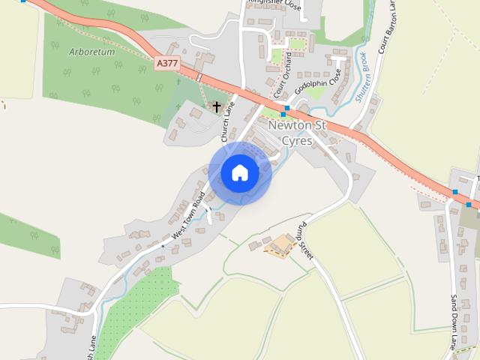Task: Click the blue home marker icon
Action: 239,172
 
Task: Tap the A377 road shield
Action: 168,64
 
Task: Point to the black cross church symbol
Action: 217,106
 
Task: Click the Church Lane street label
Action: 229,121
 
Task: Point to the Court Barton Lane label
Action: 388,34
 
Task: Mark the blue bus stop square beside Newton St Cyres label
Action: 286,109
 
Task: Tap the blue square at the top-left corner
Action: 23,1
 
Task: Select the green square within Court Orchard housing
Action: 277,55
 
